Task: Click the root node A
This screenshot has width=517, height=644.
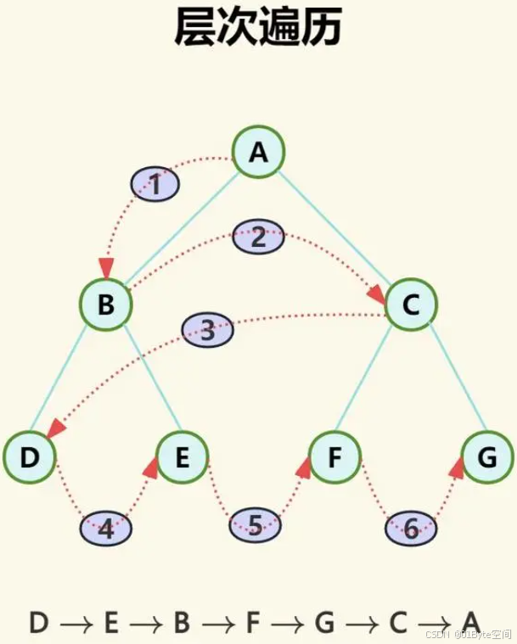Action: tap(258, 153)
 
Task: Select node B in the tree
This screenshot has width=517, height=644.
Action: tap(106, 304)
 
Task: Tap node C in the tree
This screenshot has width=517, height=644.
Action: tap(411, 304)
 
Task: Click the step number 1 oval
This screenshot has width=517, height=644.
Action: tap(155, 183)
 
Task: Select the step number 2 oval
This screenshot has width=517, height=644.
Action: tap(259, 238)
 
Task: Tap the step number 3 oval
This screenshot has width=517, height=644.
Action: tap(208, 331)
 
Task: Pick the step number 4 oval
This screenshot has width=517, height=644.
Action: tap(106, 529)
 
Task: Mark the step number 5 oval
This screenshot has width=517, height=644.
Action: tap(256, 526)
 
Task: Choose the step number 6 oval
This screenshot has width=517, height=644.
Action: tap(411, 530)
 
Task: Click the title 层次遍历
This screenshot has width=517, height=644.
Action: tap(258, 27)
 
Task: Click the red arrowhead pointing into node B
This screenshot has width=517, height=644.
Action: tap(106, 269)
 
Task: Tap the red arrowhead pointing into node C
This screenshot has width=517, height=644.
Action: tap(376, 294)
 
